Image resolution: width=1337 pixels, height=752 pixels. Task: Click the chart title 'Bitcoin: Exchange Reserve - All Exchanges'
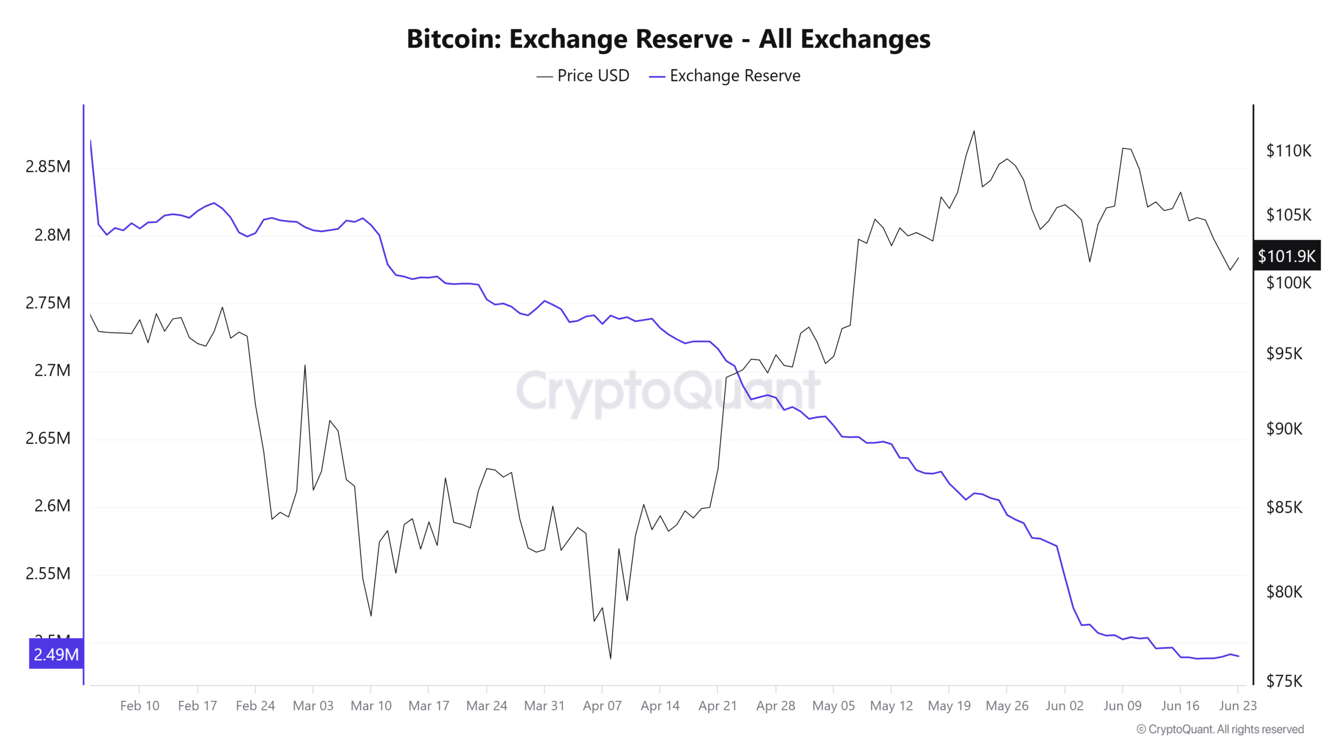click(668, 39)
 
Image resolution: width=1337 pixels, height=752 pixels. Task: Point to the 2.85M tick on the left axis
click(48, 167)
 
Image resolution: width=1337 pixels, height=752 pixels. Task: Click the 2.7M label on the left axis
click(52, 370)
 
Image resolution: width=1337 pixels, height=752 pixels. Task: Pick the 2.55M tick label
click(48, 573)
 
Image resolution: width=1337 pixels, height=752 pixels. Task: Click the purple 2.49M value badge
click(56, 654)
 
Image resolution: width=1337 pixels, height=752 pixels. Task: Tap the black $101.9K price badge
click(1286, 256)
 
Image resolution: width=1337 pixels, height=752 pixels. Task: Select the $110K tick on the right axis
click(1288, 151)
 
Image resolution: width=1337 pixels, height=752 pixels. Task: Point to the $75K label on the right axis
click(1284, 681)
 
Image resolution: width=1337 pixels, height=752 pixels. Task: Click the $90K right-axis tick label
click(1284, 429)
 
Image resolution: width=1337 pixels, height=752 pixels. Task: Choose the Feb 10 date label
click(139, 706)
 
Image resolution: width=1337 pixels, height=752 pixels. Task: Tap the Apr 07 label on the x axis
click(602, 706)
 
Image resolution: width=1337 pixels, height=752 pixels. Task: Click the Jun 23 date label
click(1237, 706)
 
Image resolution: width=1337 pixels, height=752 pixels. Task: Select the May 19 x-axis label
click(949, 706)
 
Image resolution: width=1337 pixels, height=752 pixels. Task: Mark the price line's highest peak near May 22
click(974, 131)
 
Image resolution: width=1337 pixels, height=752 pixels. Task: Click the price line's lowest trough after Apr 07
click(611, 658)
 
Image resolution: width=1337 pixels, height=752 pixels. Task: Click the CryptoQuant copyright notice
click(1220, 729)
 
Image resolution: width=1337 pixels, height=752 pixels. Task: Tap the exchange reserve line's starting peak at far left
click(91, 140)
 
